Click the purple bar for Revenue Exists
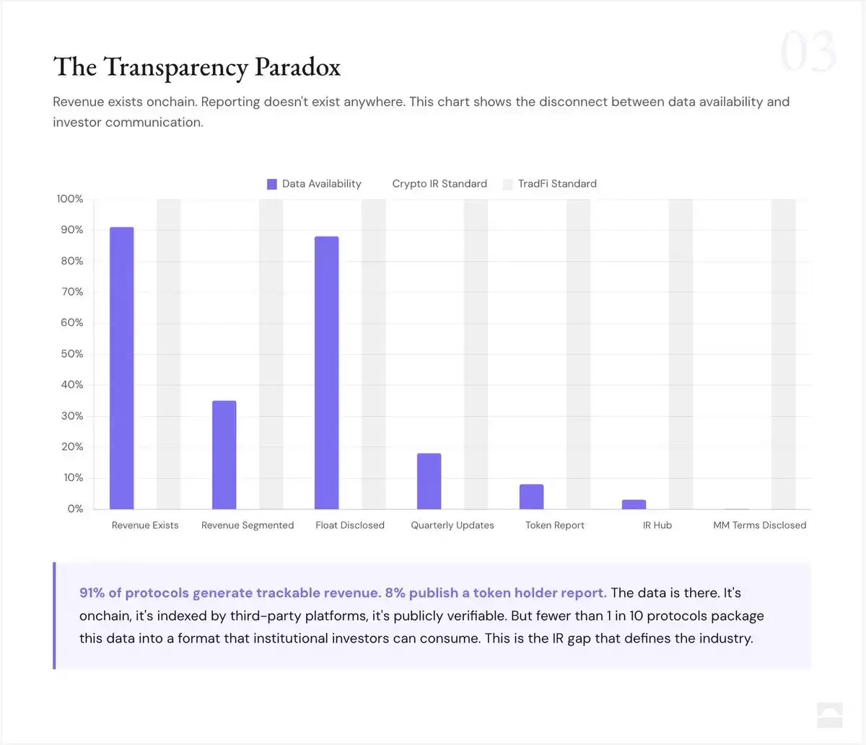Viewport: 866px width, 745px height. click(121, 368)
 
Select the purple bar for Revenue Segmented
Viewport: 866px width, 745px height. click(224, 455)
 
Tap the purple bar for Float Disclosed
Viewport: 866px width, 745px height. click(326, 373)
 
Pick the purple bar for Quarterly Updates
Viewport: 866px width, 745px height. click(429, 481)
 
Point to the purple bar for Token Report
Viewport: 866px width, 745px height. click(531, 497)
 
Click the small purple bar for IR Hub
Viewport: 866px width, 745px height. click(634, 504)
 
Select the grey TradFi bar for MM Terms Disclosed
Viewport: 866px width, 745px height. click(784, 354)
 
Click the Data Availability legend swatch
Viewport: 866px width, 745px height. click(272, 184)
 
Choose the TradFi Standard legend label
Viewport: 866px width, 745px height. click(557, 184)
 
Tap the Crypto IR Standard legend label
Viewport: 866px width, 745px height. click(439, 184)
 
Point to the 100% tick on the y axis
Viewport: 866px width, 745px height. click(70, 199)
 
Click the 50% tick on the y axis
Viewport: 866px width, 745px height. click(72, 354)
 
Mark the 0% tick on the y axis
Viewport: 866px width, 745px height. click(75, 509)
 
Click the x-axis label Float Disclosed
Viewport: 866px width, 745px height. click(350, 525)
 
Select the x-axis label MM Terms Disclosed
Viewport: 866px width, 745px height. click(760, 525)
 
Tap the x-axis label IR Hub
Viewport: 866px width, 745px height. click(657, 525)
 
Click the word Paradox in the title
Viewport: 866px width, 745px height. click(297, 67)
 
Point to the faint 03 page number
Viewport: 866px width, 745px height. click(808, 51)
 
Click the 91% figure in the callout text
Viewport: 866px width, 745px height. click(92, 593)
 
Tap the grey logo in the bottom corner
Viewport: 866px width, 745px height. click(829, 715)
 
